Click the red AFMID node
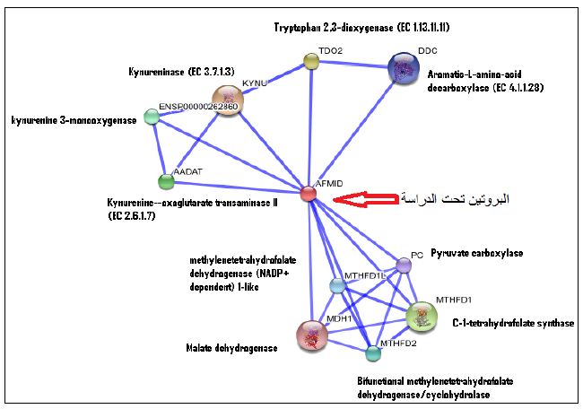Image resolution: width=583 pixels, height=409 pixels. click(x=309, y=193)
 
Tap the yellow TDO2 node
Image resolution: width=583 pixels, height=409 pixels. click(x=311, y=61)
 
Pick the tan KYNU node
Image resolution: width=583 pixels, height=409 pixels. click(x=229, y=100)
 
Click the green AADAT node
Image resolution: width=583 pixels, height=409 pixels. click(x=165, y=182)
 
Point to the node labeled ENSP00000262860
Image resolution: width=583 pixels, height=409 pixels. click(x=152, y=118)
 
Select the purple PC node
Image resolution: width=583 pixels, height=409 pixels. click(x=404, y=265)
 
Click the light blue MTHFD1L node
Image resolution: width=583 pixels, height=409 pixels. click(x=337, y=285)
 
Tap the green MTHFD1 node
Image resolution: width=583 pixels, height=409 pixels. click(x=422, y=315)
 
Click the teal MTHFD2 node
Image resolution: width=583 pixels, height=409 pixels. click(x=373, y=352)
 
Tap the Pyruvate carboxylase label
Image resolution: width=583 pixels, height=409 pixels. click(x=476, y=254)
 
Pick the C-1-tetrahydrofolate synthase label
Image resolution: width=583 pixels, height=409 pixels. click(x=513, y=323)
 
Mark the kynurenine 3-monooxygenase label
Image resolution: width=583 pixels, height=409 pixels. click(x=74, y=119)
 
